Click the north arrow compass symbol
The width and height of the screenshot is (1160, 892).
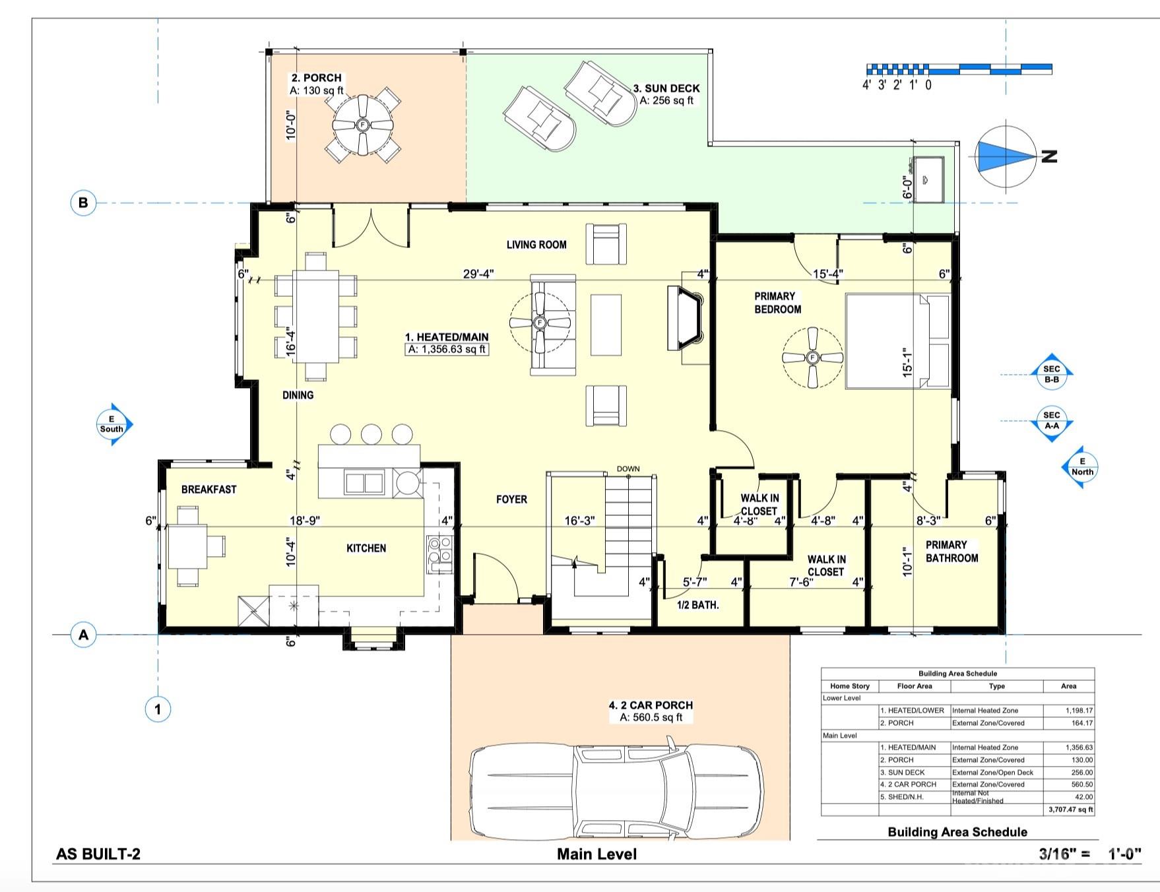point(1005,157)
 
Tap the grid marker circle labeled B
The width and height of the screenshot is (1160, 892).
point(83,203)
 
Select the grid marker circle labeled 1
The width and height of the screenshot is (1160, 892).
point(158,710)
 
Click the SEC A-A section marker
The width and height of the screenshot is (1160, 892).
point(1052,421)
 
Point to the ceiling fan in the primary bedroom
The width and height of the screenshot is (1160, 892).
point(812,358)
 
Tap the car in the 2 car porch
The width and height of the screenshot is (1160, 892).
point(616,790)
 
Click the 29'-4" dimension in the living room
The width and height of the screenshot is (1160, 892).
point(478,274)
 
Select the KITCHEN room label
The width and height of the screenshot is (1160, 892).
point(366,548)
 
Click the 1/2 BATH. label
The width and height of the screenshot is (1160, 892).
point(698,605)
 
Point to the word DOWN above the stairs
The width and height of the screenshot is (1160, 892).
point(628,469)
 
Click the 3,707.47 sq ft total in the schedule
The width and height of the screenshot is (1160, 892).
point(1070,810)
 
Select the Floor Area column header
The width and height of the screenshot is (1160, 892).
point(915,686)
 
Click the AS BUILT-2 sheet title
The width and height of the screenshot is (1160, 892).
point(98,854)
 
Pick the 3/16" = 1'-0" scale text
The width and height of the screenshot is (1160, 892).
point(1090,854)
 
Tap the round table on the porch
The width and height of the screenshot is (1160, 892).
point(362,125)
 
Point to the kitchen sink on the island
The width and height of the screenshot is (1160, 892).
point(364,484)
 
